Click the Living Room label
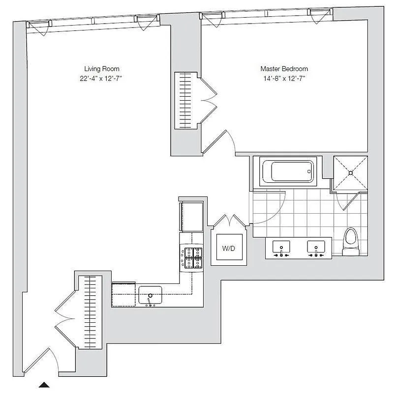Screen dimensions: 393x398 (x=101, y=69)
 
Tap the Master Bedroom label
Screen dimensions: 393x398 (x=284, y=69)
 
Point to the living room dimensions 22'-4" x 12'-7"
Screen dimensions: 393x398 (x=101, y=78)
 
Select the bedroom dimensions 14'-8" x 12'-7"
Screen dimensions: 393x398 (x=284, y=78)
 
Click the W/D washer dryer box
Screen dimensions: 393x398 (x=229, y=248)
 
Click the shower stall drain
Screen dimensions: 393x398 (x=350, y=172)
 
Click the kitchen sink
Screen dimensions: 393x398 (x=150, y=295)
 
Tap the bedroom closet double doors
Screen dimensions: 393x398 (x=209, y=101)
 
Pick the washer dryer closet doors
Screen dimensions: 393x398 (x=229, y=222)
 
